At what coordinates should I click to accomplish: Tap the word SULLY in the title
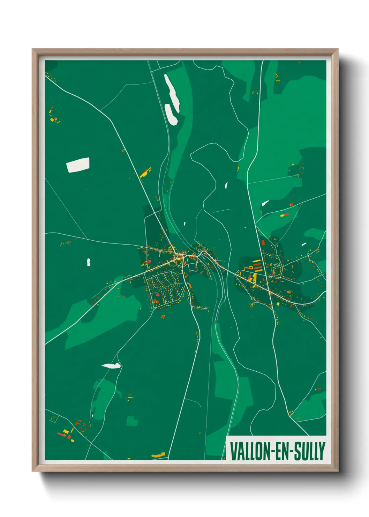click(x=310, y=451)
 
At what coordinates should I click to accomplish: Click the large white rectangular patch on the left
click(x=78, y=165)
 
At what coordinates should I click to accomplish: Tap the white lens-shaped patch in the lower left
click(x=111, y=366)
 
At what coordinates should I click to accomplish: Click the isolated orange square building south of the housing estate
click(x=163, y=316)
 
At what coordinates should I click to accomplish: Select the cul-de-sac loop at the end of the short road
click(x=206, y=308)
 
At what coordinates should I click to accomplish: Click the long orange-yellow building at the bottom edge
click(x=159, y=455)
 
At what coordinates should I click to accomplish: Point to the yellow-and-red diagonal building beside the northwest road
click(x=145, y=172)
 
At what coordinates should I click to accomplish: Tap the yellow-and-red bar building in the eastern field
click(x=285, y=215)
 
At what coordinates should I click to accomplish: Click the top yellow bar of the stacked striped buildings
click(x=257, y=261)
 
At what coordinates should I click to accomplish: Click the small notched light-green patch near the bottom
click(x=132, y=421)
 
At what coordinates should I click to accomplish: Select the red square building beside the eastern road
click(x=263, y=242)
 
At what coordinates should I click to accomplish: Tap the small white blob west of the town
click(x=89, y=262)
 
